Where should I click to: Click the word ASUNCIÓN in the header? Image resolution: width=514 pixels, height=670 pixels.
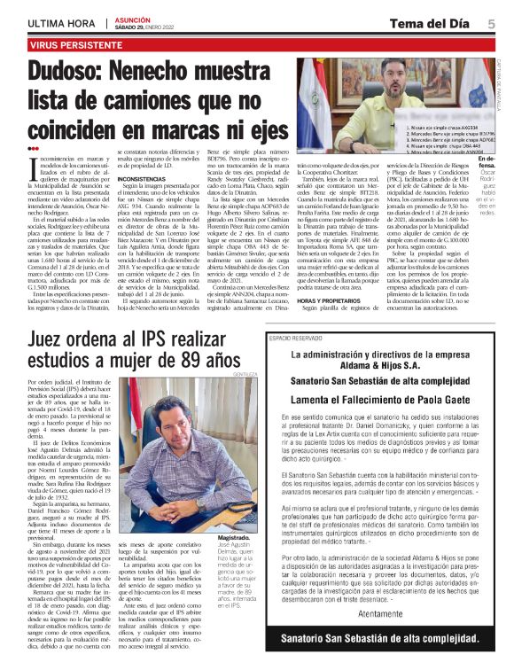tap(131, 17)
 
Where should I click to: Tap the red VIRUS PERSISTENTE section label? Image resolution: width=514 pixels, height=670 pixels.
tap(70, 43)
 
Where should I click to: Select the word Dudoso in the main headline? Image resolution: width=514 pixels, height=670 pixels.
tap(67, 72)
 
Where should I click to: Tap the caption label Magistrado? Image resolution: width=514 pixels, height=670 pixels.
tap(228, 536)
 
